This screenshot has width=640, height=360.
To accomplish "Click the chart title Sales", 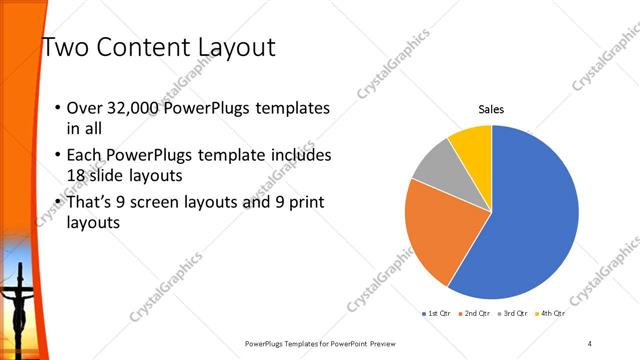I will [x=491, y=109].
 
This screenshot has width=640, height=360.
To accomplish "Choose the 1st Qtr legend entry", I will [x=438, y=313].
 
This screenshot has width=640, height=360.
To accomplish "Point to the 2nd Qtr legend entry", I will [x=474, y=313].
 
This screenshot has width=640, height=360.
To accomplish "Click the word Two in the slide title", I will [x=64, y=47].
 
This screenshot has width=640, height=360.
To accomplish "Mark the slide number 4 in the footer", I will [x=590, y=343].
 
